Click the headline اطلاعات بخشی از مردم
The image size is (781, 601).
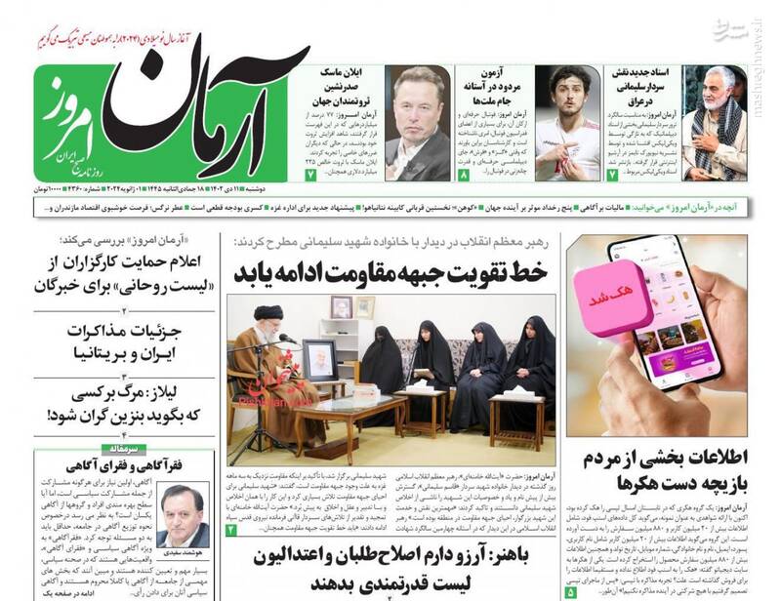click(x=665, y=469)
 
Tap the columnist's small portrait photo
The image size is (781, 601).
click(x=182, y=515)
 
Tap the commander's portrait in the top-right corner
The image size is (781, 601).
click(x=715, y=122)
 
